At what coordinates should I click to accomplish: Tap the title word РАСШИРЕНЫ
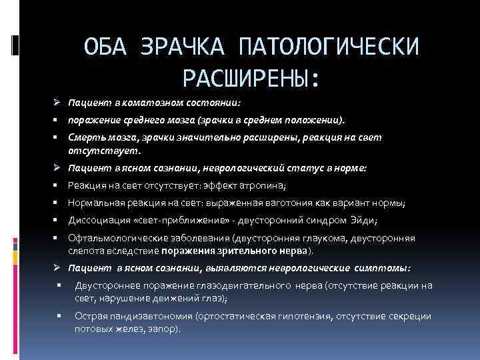249,79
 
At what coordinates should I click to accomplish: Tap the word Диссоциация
97,219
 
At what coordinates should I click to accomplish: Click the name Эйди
362,219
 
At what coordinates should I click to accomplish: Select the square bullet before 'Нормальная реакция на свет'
58,203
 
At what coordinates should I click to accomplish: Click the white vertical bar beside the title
14,45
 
